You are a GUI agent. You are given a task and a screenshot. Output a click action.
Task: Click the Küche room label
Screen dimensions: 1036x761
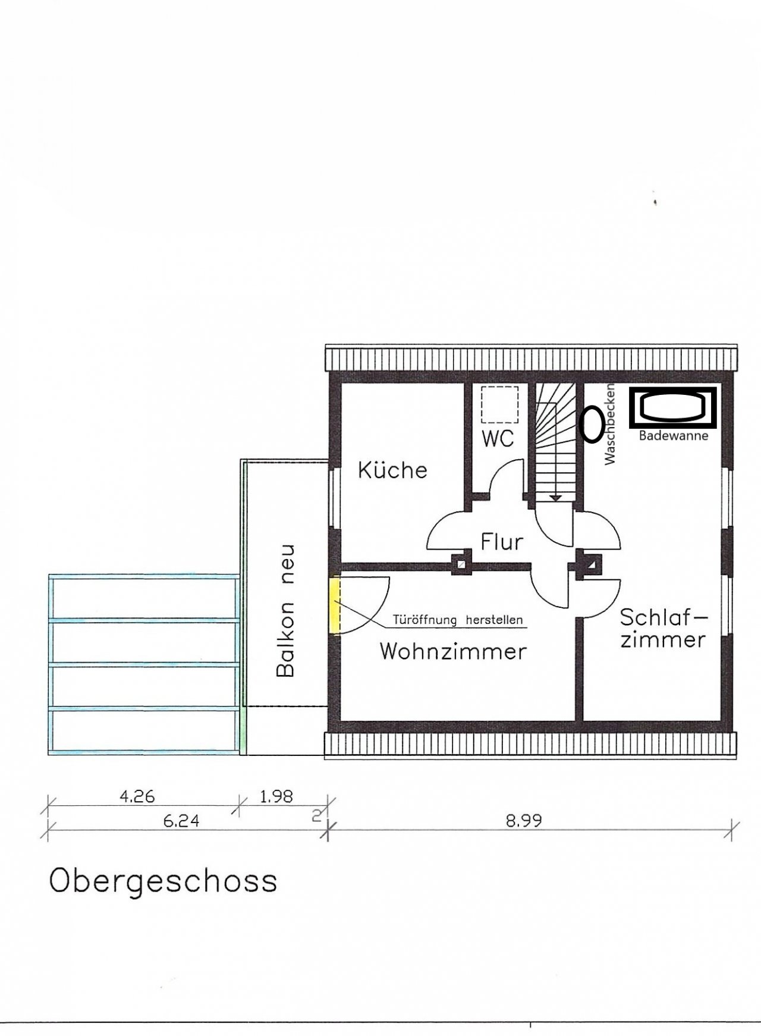coord(392,470)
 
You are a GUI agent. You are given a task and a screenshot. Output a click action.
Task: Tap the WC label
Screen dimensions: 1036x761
coord(498,439)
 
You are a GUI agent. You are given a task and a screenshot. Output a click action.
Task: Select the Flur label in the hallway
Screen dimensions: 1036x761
coord(502,542)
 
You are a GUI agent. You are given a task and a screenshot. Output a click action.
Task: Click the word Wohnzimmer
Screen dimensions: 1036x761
coord(453,651)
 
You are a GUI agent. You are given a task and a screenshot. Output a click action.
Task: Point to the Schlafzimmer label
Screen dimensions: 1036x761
coord(663,629)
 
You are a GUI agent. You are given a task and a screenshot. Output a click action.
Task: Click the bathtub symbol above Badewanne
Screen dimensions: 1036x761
coord(674,408)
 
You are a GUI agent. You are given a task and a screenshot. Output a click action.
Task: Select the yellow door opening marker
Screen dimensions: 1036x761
coord(335,606)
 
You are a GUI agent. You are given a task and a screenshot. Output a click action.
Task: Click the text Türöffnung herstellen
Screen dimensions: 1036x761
coord(458,620)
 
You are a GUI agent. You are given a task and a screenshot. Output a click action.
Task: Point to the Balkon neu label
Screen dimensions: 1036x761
coord(287,610)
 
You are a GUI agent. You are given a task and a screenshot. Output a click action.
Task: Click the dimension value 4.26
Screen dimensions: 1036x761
coord(137,796)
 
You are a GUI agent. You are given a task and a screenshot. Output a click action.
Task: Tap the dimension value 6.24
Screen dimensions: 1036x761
coord(181,821)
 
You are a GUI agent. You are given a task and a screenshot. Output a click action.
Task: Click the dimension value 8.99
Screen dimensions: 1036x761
coord(524,821)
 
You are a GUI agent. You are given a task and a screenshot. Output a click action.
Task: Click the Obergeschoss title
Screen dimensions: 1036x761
coord(163,881)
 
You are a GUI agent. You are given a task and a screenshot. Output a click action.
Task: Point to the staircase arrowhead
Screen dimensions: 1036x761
coord(556,497)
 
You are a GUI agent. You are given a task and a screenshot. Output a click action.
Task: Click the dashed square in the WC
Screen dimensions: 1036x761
coord(499,405)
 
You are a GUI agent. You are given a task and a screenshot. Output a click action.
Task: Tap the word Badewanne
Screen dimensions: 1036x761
coord(674,436)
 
